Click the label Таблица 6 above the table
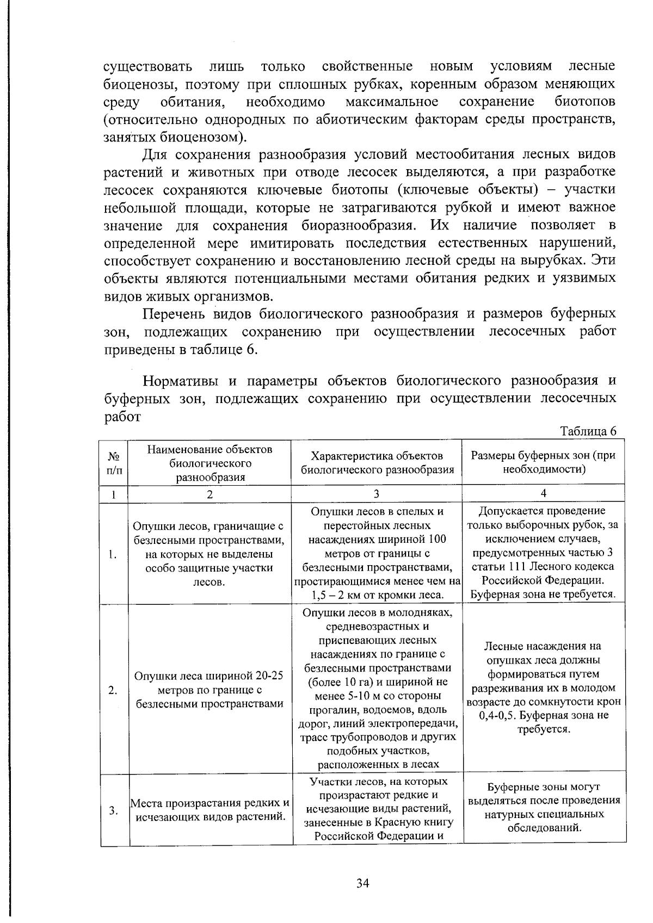588,431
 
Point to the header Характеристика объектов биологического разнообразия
377,463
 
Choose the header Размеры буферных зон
543,462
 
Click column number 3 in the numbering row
376,494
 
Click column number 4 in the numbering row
543,493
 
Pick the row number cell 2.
113,690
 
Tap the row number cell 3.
113,810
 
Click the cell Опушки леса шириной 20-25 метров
210,690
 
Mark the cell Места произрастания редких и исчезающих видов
210,810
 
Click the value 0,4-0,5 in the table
499,716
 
